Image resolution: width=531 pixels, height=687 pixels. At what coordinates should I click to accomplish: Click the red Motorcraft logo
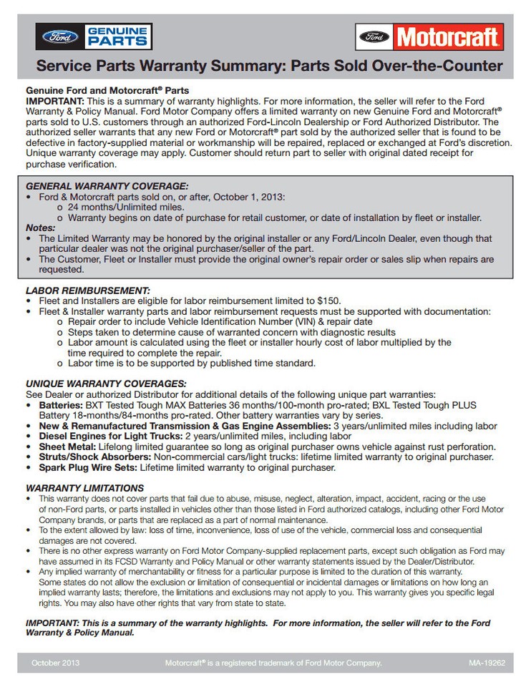(x=429, y=36)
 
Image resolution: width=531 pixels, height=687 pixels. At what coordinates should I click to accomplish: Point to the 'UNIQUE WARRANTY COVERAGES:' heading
(x=106, y=383)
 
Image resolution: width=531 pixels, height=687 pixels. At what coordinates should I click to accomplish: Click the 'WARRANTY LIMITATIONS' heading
(x=84, y=487)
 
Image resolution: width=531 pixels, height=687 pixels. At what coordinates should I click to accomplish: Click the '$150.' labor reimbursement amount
(x=326, y=301)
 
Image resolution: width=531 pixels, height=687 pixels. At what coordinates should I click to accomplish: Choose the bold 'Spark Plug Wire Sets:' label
(x=88, y=467)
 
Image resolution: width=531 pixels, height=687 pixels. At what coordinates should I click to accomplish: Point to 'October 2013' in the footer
(x=56, y=663)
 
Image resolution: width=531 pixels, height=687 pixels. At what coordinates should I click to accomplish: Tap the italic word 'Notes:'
(x=40, y=228)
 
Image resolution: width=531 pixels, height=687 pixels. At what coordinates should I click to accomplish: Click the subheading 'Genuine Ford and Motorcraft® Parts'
(x=107, y=92)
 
